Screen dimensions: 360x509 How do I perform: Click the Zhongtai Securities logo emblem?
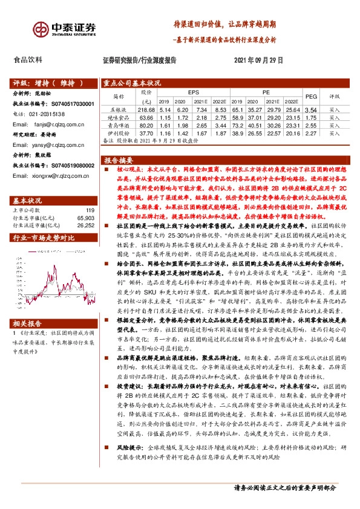tap(42, 28)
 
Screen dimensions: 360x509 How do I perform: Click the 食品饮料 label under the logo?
tap(28, 60)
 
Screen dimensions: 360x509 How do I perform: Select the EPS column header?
tap(193, 91)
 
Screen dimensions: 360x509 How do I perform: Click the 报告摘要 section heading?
tap(119, 161)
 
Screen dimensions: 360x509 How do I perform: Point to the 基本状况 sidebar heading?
tap(27, 200)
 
